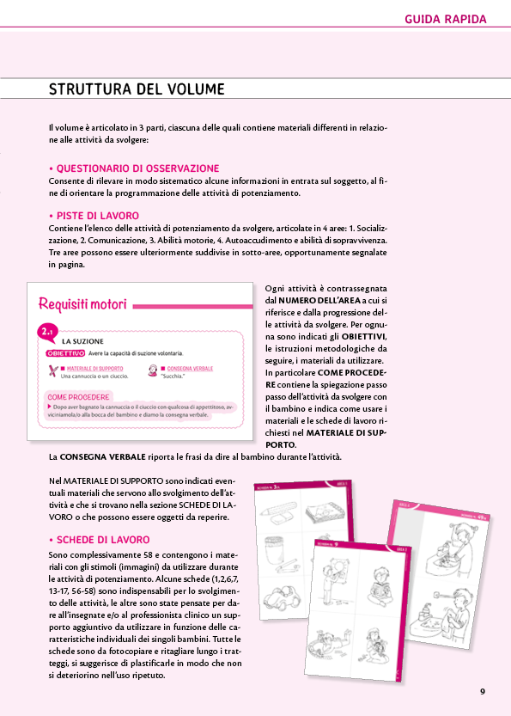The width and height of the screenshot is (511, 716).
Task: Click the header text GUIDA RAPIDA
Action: coord(445,18)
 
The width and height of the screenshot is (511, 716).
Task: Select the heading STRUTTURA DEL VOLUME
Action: coord(137,89)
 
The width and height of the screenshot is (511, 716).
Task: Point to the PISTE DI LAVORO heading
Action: coord(97,215)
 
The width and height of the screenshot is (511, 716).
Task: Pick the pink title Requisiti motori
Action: coord(83,304)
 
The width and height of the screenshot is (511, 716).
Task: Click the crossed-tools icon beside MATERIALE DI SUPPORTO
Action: coord(53,371)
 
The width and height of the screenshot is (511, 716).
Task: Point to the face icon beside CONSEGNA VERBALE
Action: coord(152,371)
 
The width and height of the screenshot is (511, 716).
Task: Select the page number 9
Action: coord(483,692)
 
